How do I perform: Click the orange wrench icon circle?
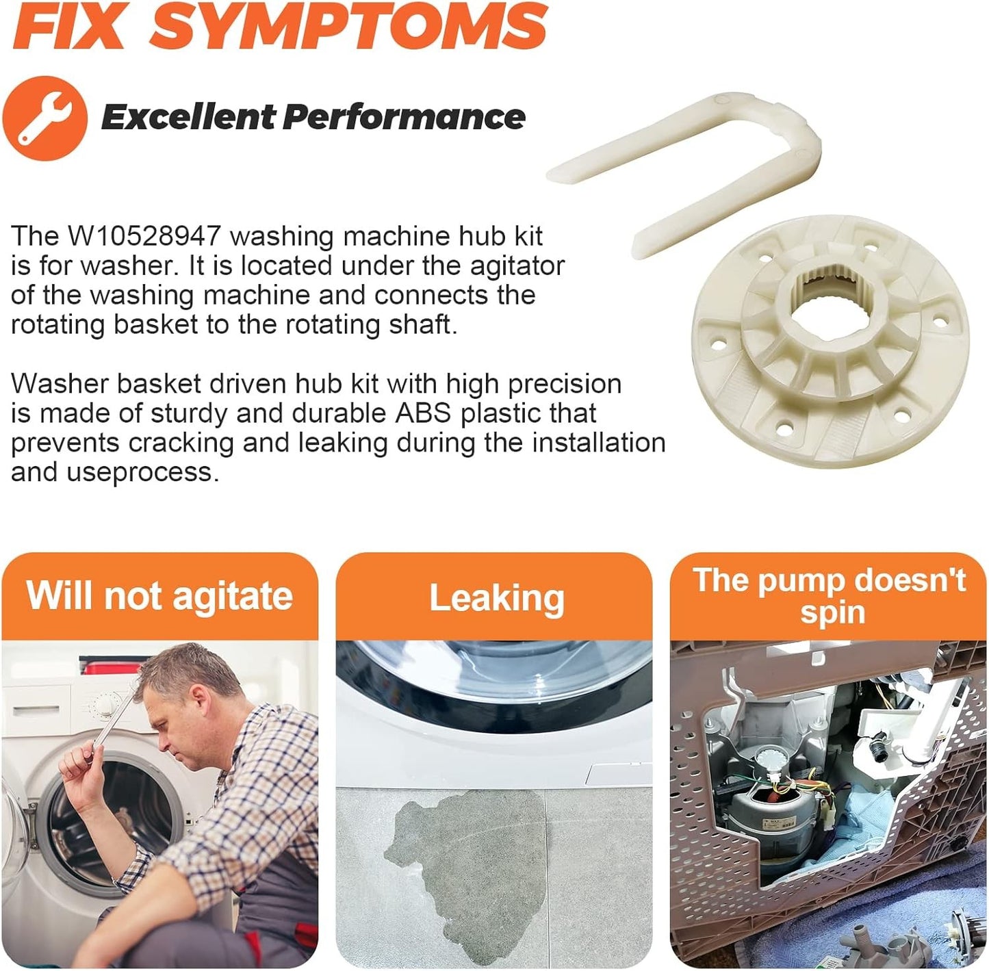pos(44,118)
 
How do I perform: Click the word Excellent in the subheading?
pos(188,117)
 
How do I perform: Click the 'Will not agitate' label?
pos(159,596)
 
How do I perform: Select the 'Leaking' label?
pos(496,598)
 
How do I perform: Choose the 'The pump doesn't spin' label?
pos(830,597)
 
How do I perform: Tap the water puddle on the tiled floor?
pos(465,868)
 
